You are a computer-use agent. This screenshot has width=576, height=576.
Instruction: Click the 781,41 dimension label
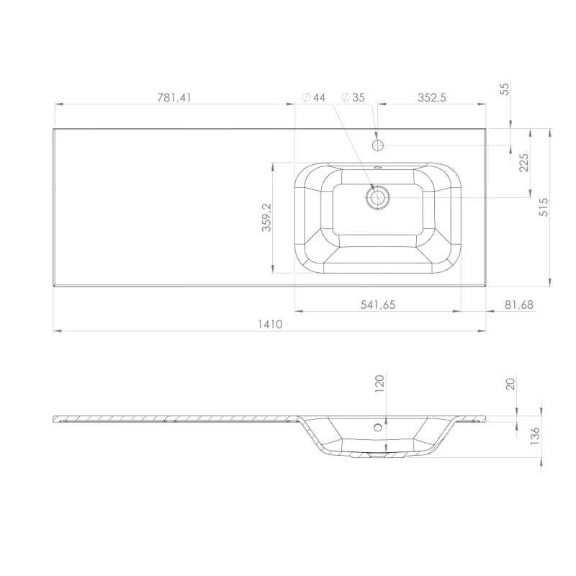tap(174, 98)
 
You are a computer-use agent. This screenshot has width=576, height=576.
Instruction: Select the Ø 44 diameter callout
tap(313, 97)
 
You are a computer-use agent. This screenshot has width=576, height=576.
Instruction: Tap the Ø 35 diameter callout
tap(353, 97)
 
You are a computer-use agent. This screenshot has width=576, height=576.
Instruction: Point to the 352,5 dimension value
tap(431, 98)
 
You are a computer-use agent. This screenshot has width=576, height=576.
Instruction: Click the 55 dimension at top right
tap(505, 89)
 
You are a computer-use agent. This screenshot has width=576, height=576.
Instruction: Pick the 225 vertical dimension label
tap(524, 163)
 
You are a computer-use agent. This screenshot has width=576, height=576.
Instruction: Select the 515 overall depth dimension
tap(544, 207)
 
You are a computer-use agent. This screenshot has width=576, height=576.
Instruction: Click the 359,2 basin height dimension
tap(266, 217)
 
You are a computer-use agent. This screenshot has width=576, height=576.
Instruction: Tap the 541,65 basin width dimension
tap(377, 305)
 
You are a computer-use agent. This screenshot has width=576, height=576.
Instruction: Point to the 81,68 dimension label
tap(518, 305)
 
